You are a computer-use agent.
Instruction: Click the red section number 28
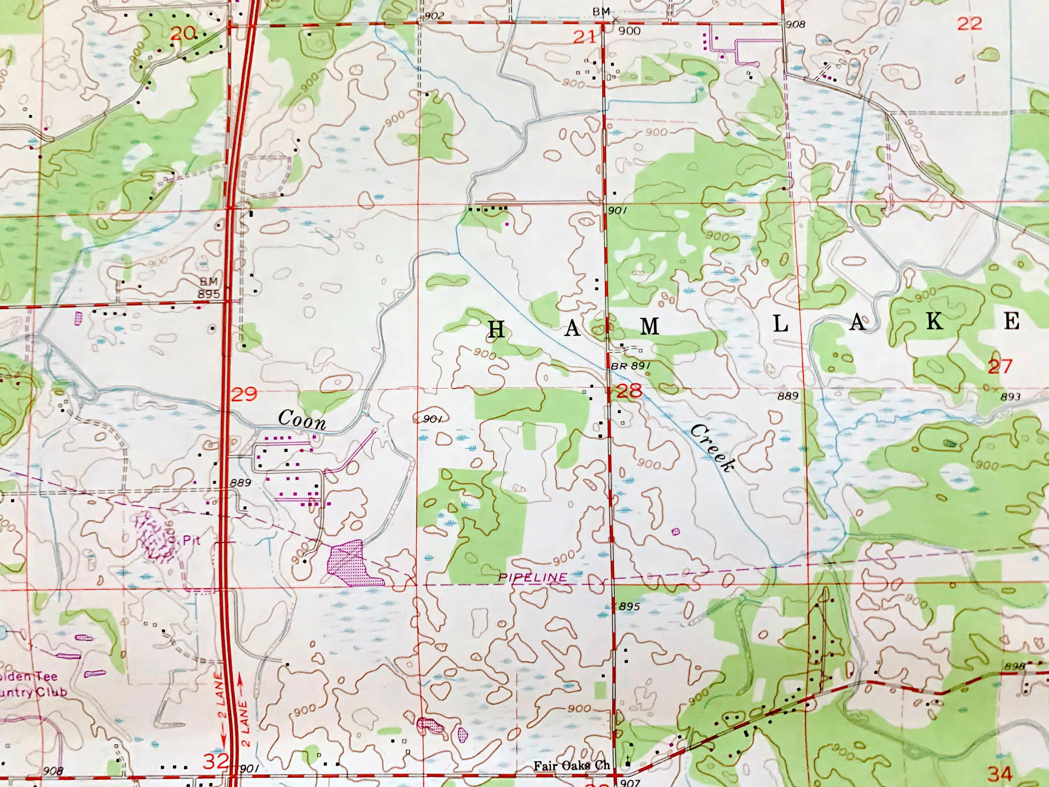click(x=629, y=391)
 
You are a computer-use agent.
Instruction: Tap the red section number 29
click(x=245, y=394)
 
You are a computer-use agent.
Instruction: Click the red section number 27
click(x=1000, y=367)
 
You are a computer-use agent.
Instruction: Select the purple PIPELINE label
click(x=532, y=577)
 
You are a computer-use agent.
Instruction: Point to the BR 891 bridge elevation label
click(x=629, y=366)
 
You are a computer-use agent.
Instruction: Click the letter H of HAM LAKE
click(x=496, y=329)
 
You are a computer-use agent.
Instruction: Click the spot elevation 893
click(x=1009, y=397)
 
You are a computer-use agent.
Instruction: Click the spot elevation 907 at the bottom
click(x=630, y=783)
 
